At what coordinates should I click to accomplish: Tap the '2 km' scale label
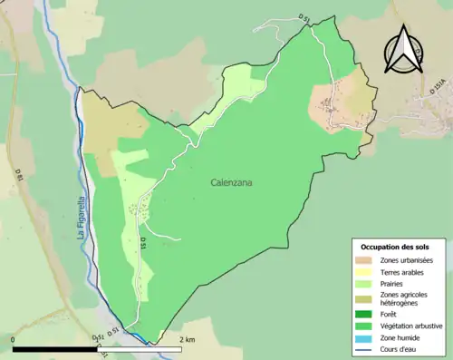pyautogui.click(x=188, y=340)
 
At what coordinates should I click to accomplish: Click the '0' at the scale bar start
pyautogui.click(x=14, y=340)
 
